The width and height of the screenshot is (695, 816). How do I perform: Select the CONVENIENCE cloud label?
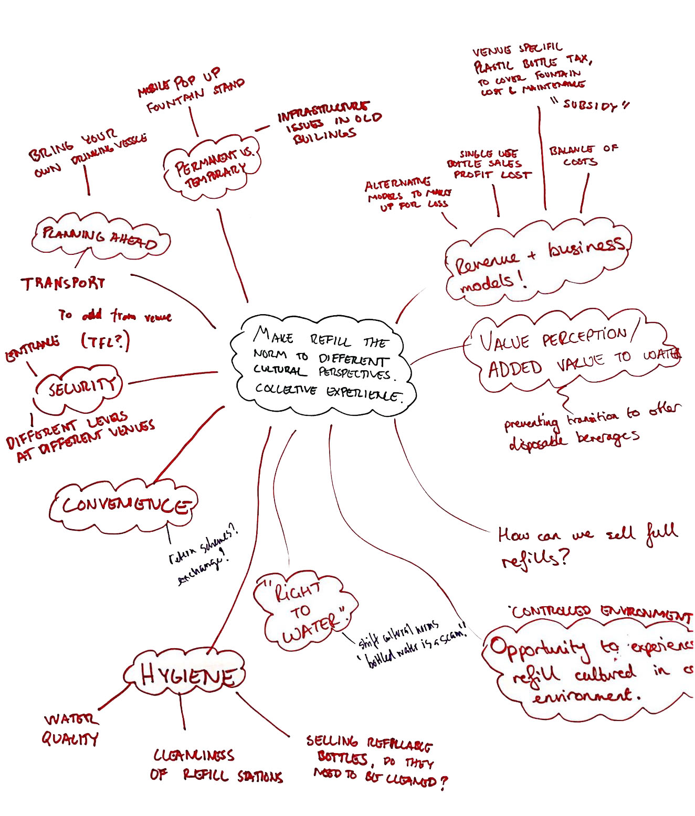pos(124,506)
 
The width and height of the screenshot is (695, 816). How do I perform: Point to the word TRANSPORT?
pos(63,284)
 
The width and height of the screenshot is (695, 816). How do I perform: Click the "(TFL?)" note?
pos(105,342)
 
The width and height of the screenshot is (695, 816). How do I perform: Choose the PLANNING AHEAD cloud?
pos(100,239)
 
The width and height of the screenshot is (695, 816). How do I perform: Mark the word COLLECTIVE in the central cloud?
pos(286,390)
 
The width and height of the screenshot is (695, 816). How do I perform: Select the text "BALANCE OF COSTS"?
pos(583,155)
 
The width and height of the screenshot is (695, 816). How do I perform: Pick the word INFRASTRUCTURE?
pos(323,112)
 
